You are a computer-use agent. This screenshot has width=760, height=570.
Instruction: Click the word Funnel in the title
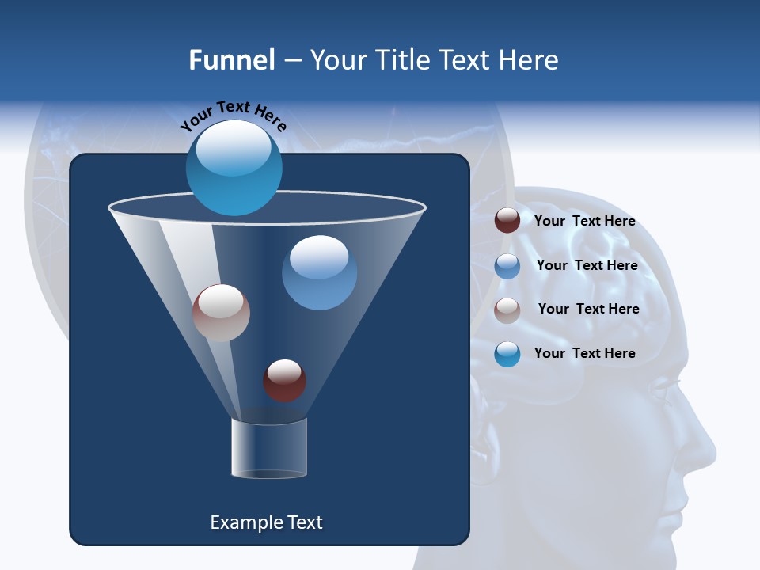point(231,60)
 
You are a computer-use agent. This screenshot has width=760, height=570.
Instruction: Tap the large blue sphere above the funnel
point(234,168)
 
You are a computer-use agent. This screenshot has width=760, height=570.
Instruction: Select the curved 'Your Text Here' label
point(234,116)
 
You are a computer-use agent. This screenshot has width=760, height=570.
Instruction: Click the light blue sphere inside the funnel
point(319,272)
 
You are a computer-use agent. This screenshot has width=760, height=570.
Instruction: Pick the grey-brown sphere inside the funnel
point(221,313)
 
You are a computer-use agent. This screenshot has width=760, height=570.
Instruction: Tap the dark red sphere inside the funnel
point(284,380)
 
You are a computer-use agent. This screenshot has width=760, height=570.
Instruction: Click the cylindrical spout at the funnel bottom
point(269,448)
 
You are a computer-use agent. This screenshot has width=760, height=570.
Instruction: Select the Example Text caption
point(266,522)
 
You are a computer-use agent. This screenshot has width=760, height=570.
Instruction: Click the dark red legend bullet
point(507,221)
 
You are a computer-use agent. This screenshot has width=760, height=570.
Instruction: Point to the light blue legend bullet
point(507,266)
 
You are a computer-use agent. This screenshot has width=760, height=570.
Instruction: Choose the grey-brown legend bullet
point(507,310)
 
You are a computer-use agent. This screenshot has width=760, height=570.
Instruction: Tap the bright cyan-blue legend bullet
point(507,354)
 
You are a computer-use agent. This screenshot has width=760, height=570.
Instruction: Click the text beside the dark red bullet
point(584,222)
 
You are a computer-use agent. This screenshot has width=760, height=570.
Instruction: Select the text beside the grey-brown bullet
point(588,309)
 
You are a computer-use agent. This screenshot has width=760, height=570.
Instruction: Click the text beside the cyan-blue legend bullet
point(584,353)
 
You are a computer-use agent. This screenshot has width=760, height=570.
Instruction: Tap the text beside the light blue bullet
point(587,265)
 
